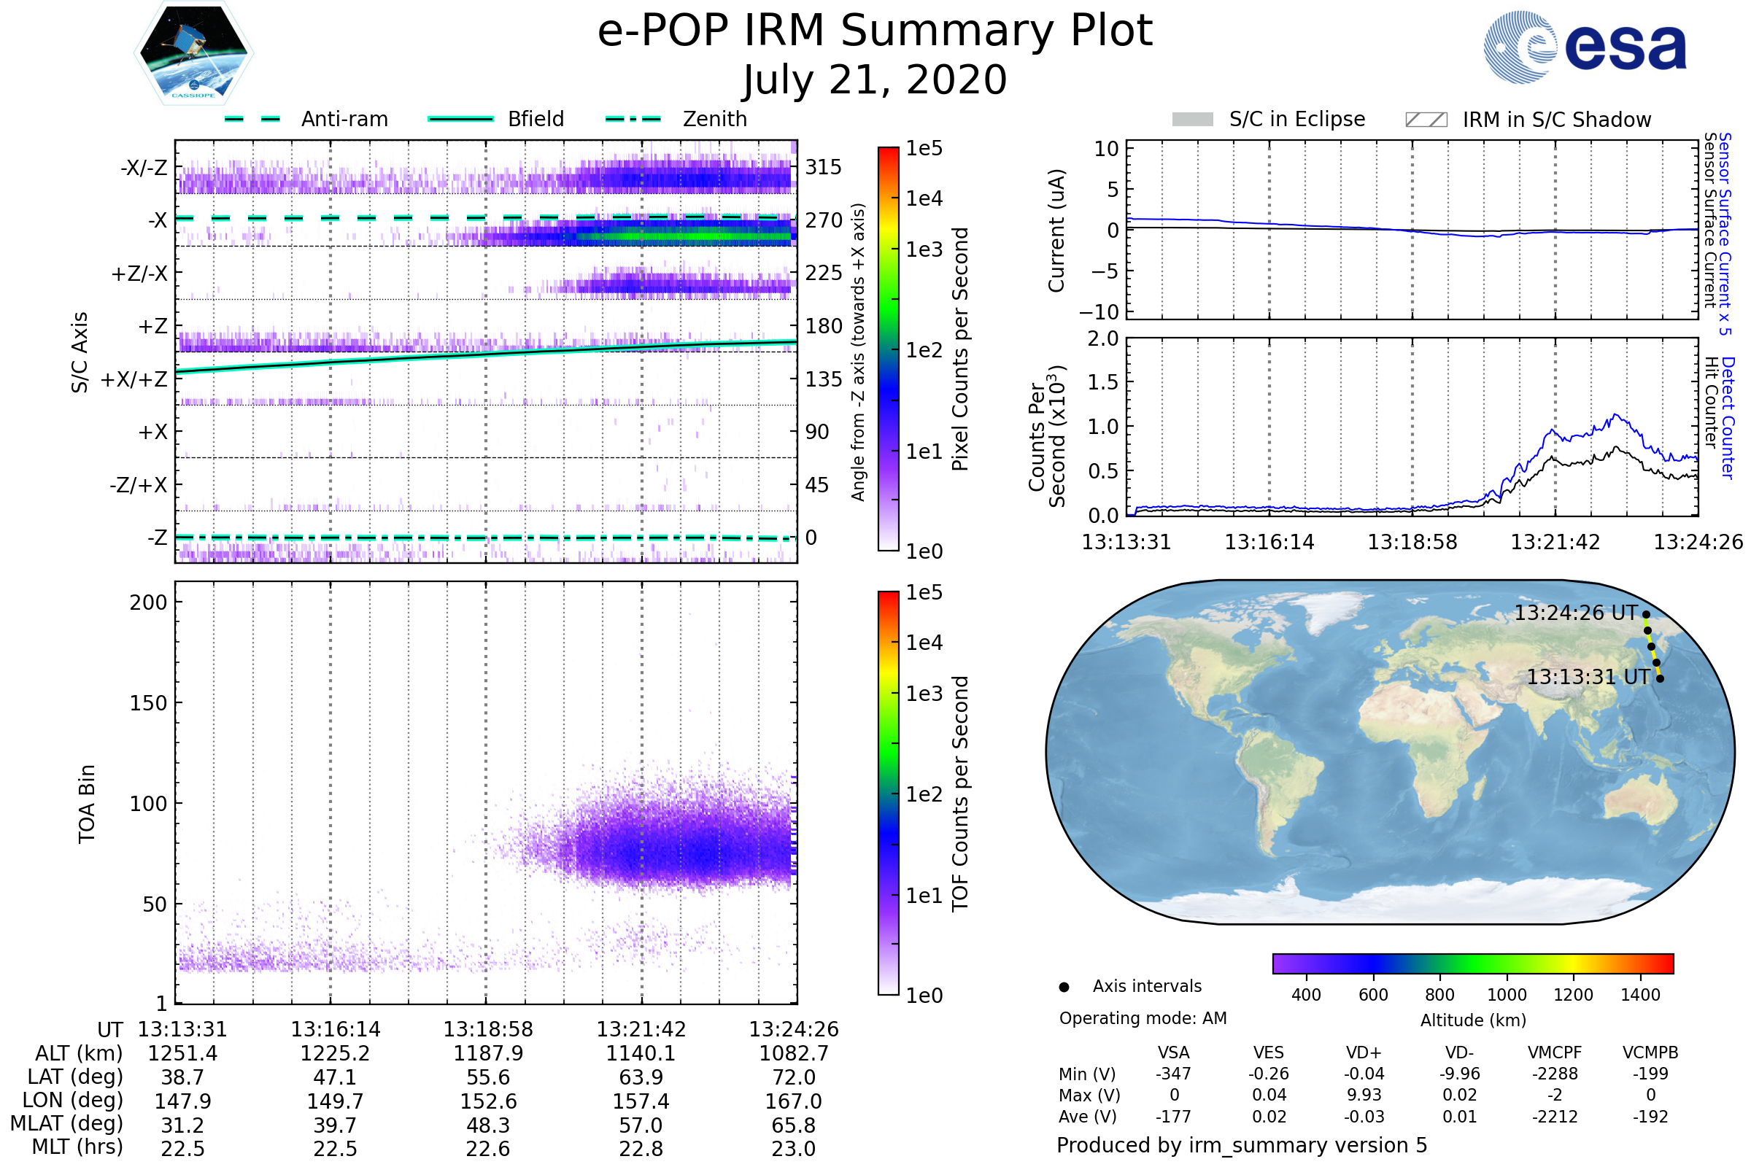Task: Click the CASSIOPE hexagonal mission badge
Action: tap(193, 52)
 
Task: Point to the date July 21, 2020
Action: tap(875, 80)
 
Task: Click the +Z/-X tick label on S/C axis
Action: tap(139, 274)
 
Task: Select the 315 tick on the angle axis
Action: tap(824, 168)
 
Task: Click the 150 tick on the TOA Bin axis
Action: tap(148, 703)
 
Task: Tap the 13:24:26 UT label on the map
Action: tap(1575, 613)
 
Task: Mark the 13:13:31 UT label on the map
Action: tap(1588, 678)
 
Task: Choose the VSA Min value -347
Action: tap(1173, 1074)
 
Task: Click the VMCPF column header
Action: tap(1555, 1053)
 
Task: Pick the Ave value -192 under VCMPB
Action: tap(1650, 1117)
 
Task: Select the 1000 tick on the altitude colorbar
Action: tap(1507, 995)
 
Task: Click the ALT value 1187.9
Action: tap(488, 1054)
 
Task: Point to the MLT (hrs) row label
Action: tap(77, 1147)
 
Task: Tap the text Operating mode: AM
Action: tap(1143, 1018)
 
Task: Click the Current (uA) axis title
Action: tap(1056, 230)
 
